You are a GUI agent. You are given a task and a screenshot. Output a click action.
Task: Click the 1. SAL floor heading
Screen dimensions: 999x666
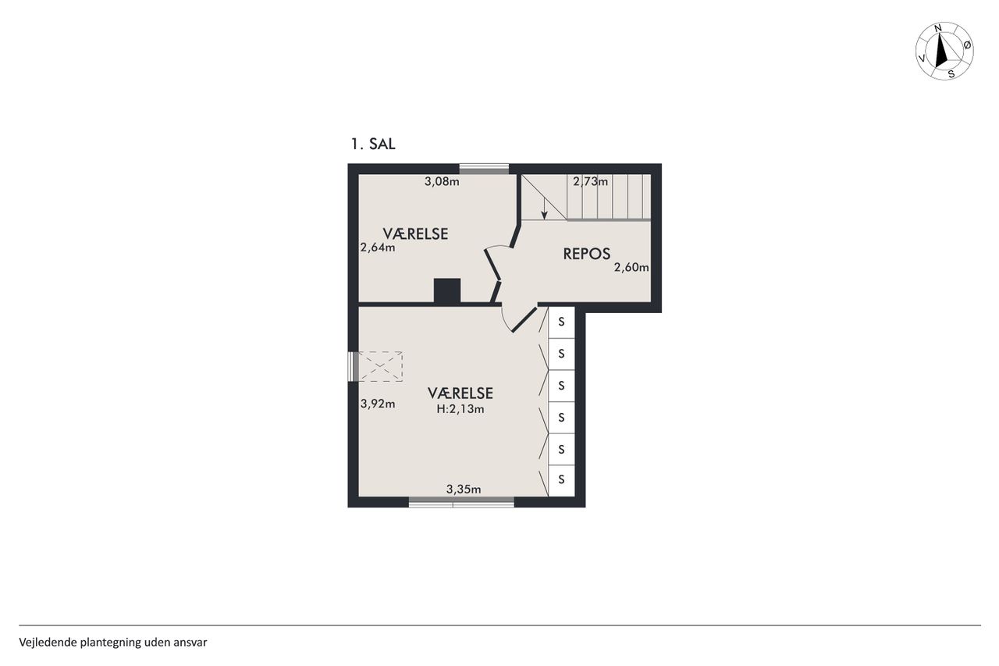(373, 144)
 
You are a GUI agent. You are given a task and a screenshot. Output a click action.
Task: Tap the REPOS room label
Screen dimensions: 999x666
(586, 254)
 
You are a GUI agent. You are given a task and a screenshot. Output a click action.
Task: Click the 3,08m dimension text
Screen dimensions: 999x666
(442, 182)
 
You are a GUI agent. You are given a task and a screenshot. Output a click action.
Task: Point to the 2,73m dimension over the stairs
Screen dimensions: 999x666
(590, 182)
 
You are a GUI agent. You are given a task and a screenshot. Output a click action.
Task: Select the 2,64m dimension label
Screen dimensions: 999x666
(377, 248)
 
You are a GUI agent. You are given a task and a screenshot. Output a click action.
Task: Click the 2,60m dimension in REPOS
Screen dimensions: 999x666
(631, 267)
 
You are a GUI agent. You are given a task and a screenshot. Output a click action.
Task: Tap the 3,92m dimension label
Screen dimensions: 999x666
(377, 404)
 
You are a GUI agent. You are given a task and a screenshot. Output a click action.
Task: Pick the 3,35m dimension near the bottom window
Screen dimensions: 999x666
(464, 490)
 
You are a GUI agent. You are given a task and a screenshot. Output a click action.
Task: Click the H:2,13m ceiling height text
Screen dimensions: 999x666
(460, 409)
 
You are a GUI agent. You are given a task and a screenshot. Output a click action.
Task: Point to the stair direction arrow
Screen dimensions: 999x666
(544, 208)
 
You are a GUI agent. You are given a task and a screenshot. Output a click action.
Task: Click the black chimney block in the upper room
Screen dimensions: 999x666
(447, 291)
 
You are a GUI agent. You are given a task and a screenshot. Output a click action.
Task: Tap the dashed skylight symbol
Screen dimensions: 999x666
(380, 366)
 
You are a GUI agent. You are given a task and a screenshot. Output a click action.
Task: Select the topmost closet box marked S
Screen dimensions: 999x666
(561, 322)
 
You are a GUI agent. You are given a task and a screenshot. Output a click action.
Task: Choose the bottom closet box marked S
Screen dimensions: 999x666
(561, 480)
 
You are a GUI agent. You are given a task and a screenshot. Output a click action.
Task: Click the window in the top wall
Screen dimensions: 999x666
(484, 169)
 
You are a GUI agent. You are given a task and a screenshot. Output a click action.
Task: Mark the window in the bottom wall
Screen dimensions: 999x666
(461, 503)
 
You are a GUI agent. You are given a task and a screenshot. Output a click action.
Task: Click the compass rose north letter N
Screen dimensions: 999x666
(938, 29)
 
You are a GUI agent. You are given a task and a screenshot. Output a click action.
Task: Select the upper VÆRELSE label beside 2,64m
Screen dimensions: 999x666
(415, 233)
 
